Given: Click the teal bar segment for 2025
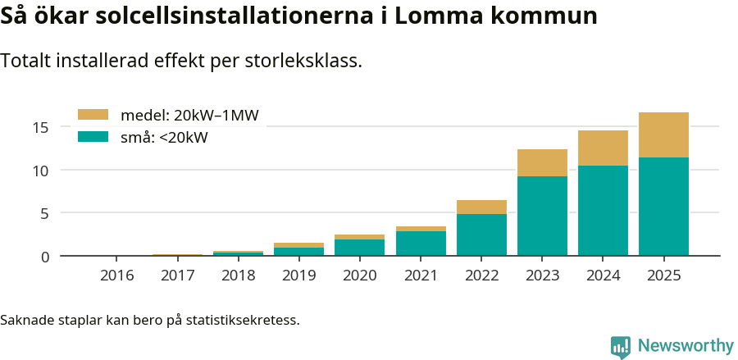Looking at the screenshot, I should coord(663,206).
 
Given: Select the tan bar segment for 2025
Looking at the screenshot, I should coord(663,134).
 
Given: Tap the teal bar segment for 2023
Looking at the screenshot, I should coord(542,216).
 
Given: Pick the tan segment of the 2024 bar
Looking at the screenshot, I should coord(603,148).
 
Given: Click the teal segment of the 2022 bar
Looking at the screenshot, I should coord(481,235).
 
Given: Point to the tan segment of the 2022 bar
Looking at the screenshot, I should coord(481,207).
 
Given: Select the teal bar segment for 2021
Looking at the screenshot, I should coord(421,244).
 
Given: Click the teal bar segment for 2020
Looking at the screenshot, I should coord(360,248).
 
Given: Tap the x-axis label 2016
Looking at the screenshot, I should coord(117,275).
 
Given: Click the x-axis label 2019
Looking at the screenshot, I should coord(299,275).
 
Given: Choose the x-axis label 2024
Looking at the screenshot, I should coord(603,275).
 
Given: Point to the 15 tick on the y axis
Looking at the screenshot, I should coord(42,127).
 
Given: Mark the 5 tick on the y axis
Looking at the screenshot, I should coord(46,213).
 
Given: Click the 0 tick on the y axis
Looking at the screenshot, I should coord(46,257).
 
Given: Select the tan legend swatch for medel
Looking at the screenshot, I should coord(93,115).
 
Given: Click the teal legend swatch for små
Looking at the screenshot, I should coord(93,137).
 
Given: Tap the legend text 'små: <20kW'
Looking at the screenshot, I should coord(164,138).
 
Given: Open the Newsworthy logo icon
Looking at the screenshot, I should coord(621,346).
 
